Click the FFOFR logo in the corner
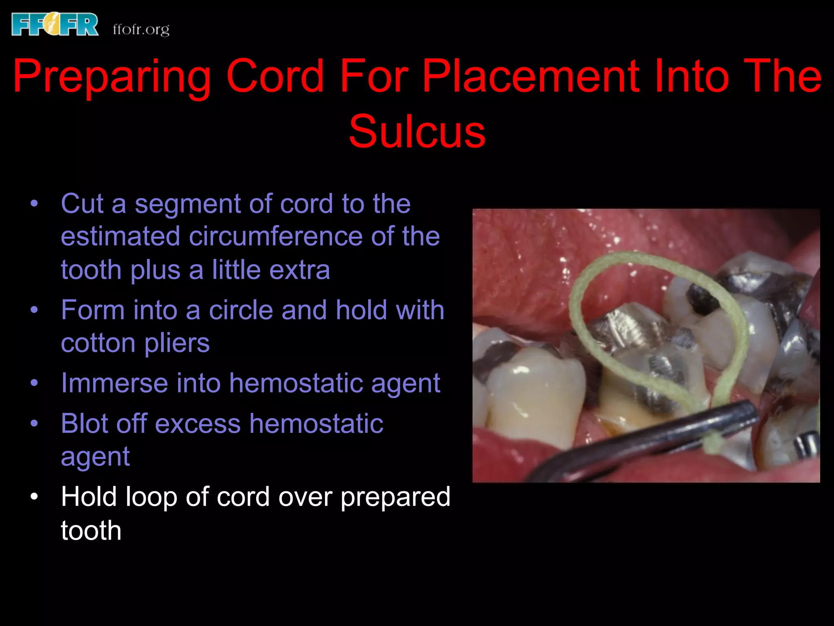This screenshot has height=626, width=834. click(55, 24)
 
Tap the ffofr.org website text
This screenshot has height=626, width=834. click(141, 29)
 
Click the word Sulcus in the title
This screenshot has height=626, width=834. click(417, 131)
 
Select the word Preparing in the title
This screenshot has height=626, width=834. click(112, 77)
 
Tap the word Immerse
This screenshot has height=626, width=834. click(114, 383)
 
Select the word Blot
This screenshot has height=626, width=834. click(84, 423)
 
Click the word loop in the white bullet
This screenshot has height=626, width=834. click(151, 497)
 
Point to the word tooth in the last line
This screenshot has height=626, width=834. click(91, 530)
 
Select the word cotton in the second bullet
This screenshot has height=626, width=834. click(98, 343)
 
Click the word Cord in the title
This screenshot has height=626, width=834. click(275, 76)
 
